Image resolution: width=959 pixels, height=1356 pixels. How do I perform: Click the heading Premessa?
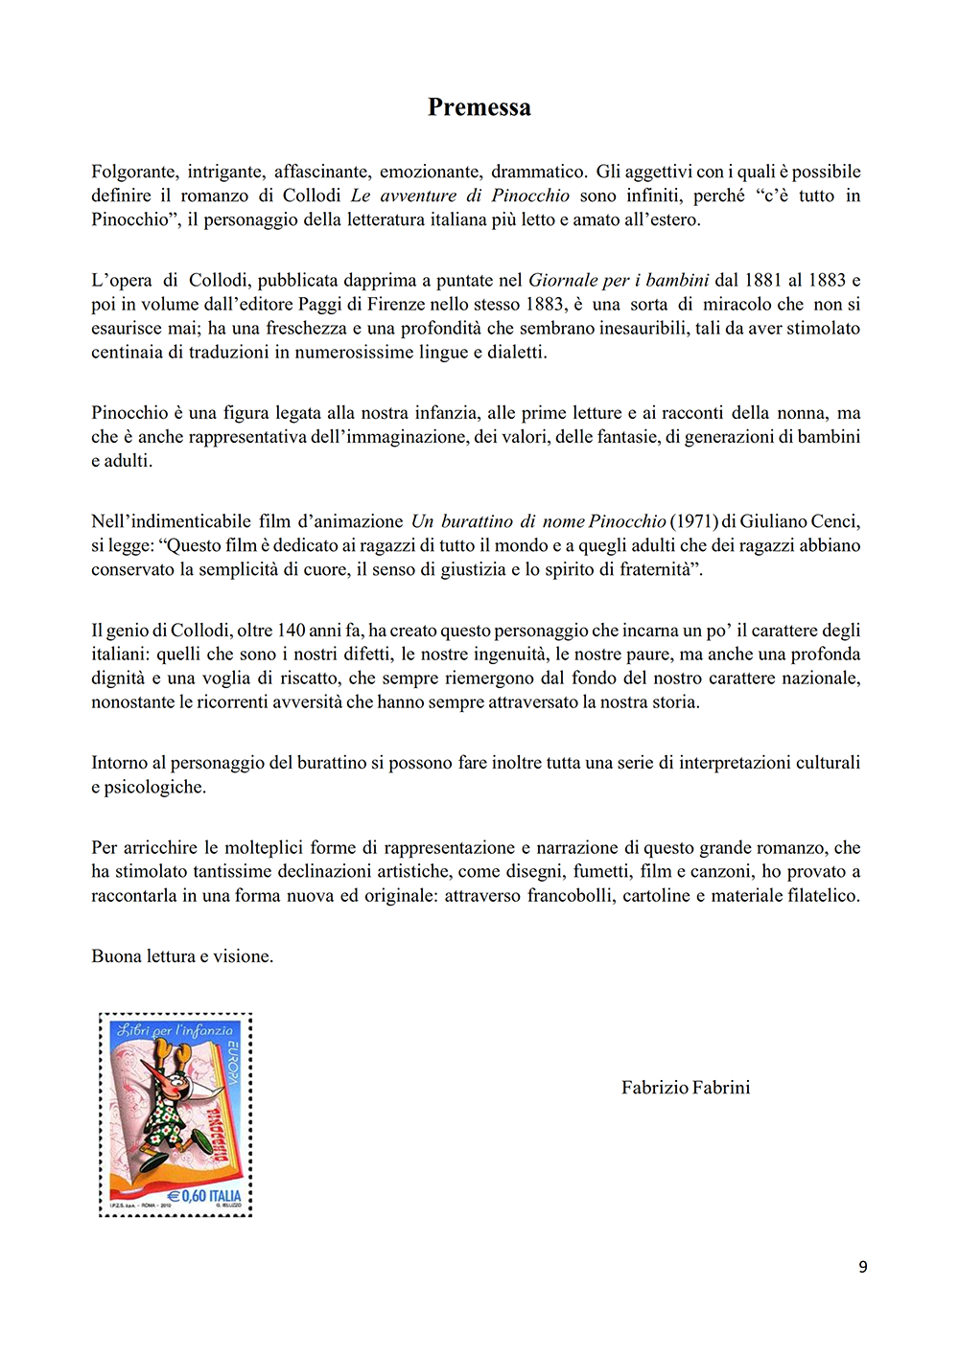[x=479, y=107]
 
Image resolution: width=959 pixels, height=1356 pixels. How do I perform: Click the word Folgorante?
[x=134, y=172]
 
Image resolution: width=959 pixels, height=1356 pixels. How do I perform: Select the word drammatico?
[x=538, y=172]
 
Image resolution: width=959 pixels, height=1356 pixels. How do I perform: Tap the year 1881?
[x=762, y=280]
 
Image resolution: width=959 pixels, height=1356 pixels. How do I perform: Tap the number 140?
[x=291, y=631]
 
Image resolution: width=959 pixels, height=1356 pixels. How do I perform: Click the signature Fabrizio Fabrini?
[x=686, y=1088]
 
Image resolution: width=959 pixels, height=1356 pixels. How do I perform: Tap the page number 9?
[x=863, y=1267]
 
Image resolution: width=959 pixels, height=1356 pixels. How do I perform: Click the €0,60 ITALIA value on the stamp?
[x=204, y=1196]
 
